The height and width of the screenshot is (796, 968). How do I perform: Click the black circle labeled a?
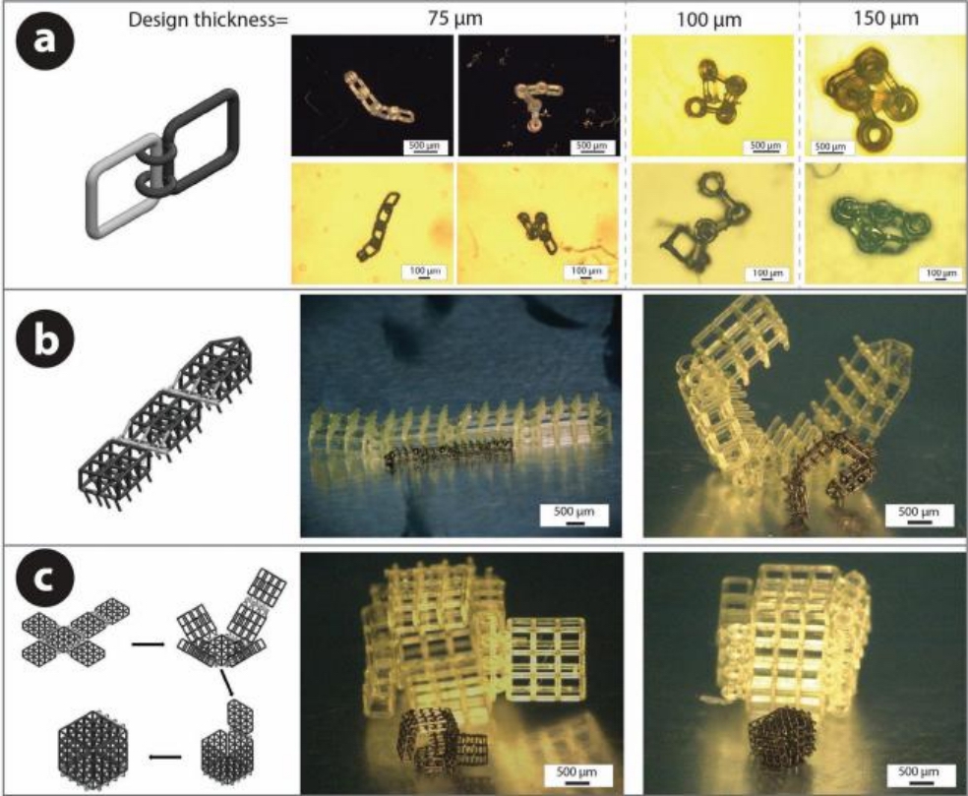[43, 40]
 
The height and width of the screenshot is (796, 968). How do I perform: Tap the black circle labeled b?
[44, 339]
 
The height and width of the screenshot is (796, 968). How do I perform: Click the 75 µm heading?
[455, 19]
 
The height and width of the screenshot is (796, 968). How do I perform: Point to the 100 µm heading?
[708, 20]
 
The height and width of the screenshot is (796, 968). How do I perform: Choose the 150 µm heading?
[886, 19]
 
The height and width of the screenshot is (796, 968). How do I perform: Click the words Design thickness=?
[208, 21]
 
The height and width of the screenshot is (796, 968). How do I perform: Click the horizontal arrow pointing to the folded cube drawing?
[165, 756]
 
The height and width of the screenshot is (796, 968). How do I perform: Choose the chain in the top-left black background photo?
[378, 97]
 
